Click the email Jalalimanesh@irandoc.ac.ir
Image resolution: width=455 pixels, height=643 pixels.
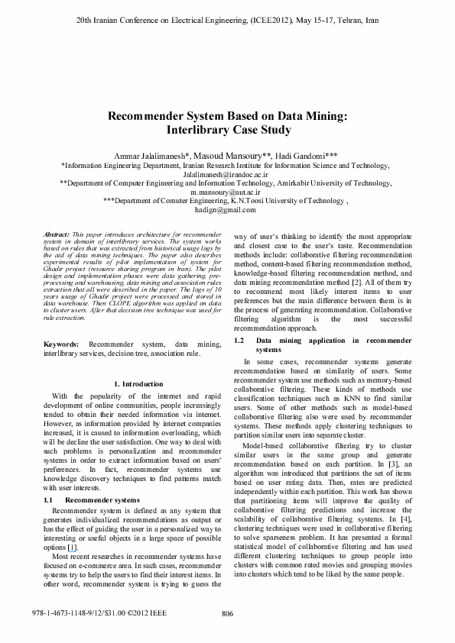click(x=227, y=175)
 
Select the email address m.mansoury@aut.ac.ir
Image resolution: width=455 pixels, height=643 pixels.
click(x=227, y=193)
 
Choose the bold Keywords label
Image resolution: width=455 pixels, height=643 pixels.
click(x=61, y=345)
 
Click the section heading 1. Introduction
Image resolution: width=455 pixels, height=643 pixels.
click(x=138, y=383)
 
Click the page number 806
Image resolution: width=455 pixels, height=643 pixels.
click(x=227, y=613)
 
